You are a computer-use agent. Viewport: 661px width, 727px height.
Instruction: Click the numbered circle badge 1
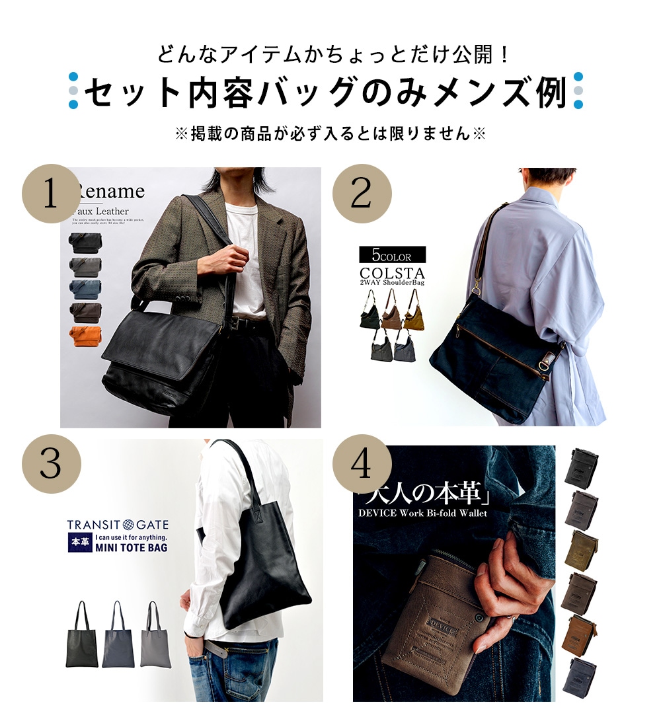[x=51, y=194]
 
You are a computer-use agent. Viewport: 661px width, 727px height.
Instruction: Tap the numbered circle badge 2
[x=362, y=194]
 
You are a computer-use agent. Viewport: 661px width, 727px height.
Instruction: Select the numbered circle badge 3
[x=51, y=464]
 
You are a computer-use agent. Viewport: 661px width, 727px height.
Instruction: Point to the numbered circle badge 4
[x=362, y=464]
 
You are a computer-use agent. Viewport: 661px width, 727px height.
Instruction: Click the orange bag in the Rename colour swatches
[x=85, y=336]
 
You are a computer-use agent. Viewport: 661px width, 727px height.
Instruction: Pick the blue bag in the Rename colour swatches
[x=85, y=289]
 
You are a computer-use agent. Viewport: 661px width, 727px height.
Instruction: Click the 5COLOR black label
[x=392, y=255]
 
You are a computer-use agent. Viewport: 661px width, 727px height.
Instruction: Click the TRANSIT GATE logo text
[x=118, y=525]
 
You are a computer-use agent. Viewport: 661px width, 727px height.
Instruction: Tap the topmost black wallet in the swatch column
[x=581, y=467]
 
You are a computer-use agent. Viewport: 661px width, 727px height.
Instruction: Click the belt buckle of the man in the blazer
[x=237, y=323]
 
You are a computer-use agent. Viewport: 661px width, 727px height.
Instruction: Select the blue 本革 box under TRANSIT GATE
[x=77, y=543]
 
